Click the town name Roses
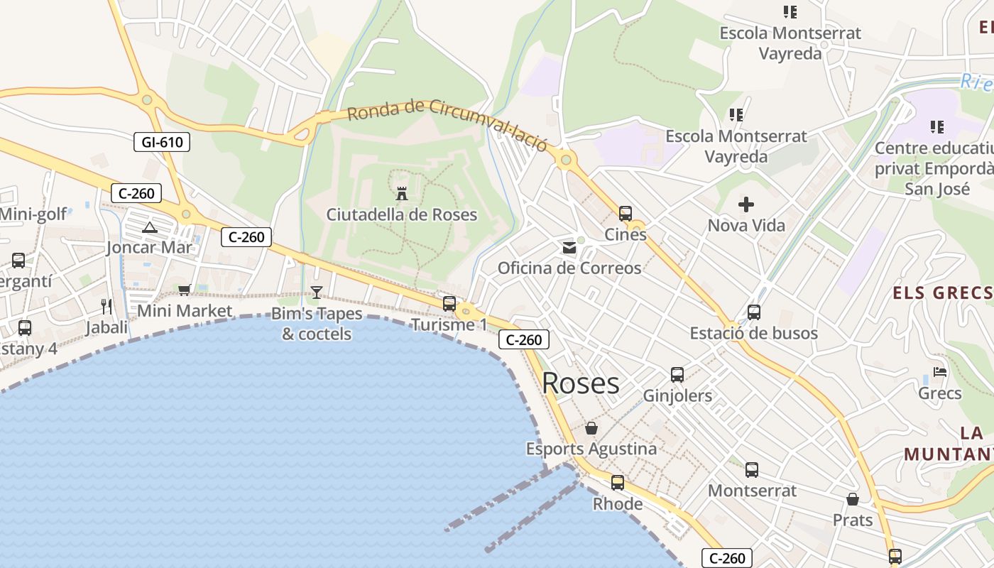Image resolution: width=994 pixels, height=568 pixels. coord(581,383)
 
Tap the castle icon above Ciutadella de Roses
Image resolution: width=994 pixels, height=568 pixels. coord(402,193)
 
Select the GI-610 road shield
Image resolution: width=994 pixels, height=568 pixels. coord(162,142)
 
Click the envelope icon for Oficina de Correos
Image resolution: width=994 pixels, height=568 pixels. coord(569,248)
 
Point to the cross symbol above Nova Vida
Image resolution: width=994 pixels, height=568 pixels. coord(746,205)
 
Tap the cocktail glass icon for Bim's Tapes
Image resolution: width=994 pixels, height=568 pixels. coord(317,293)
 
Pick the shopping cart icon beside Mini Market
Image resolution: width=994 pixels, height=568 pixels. coord(185,290)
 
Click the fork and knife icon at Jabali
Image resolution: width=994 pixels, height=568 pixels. coord(106,307)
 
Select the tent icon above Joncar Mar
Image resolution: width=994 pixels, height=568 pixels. coord(149,228)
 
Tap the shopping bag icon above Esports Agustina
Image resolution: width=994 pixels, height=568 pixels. coord(591,429)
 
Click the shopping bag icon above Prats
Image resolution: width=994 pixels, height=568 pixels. coord(853,500)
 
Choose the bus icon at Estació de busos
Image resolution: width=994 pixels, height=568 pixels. coord(754,312)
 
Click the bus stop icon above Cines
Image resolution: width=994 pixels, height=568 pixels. coord(626,214)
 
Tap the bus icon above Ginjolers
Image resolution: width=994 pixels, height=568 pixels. coord(677,375)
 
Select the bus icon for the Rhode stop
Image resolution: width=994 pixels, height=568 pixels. coord(618,483)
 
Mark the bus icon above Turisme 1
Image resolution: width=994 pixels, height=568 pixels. coord(449,304)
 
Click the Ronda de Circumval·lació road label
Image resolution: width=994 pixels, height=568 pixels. coord(447,124)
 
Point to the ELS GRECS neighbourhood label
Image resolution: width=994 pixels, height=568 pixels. coord(941,293)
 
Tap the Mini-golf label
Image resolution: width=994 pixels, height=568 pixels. coord(33,214)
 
